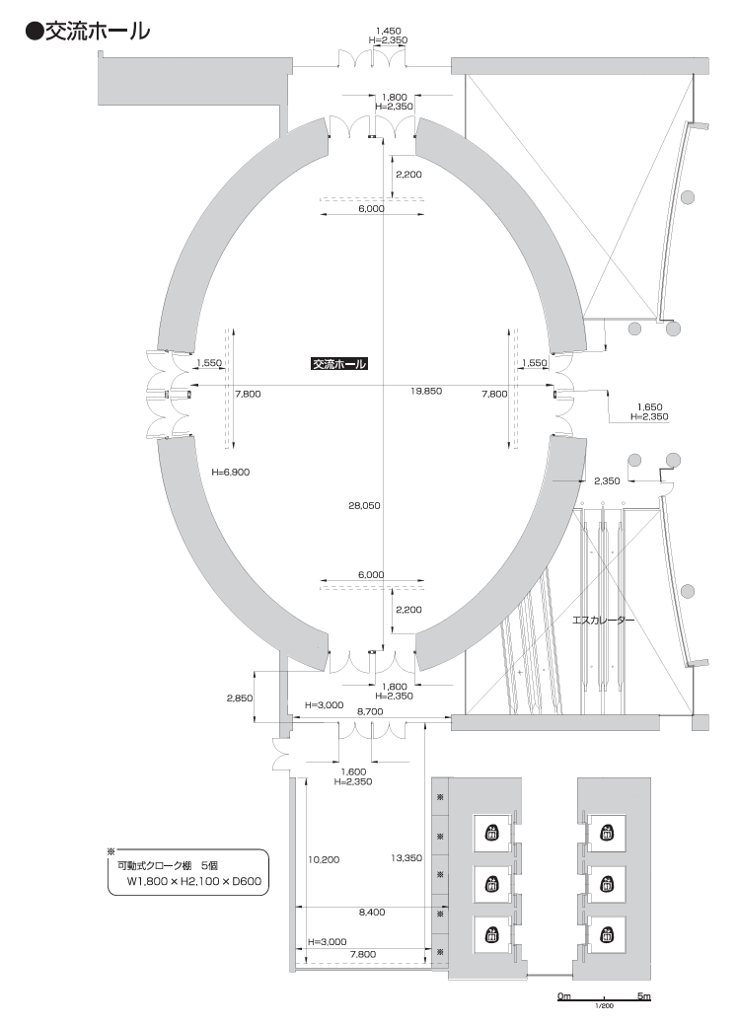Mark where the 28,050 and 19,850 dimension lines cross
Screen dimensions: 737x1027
[384, 385]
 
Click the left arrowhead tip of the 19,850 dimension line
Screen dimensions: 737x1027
[190, 385]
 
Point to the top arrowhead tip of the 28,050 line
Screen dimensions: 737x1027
[384, 139]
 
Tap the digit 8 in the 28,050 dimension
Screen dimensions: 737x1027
[358, 506]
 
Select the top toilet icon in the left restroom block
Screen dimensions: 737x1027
[491, 833]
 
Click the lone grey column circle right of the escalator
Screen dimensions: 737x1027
[688, 592]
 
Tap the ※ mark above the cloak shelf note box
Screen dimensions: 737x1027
[111, 851]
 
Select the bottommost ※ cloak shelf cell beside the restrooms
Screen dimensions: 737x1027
[440, 951]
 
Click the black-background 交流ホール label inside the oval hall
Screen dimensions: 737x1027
[338, 364]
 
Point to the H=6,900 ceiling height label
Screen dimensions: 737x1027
[231, 472]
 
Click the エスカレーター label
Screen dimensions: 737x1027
[603, 620]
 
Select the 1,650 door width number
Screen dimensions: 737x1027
[649, 406]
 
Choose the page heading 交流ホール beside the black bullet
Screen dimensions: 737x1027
[98, 31]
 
